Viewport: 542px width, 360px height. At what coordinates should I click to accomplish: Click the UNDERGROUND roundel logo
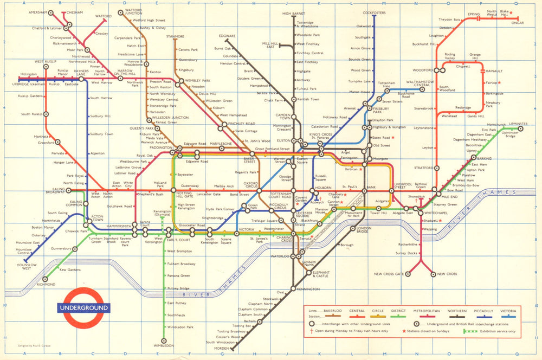click(x=83, y=307)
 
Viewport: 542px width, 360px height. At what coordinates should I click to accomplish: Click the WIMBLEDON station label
click(x=163, y=345)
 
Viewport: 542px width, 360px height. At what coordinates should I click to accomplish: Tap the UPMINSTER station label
click(x=518, y=124)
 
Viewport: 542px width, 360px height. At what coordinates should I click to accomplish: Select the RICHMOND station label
click(x=47, y=284)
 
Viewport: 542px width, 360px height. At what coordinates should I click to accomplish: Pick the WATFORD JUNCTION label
click(x=133, y=12)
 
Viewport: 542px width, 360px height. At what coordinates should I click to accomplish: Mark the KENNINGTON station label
click(x=308, y=289)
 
